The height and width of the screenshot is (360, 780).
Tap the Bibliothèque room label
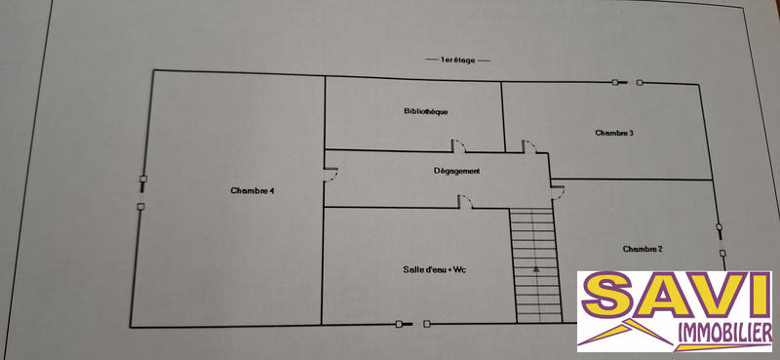(425, 111)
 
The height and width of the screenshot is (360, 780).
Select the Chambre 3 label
(614, 133)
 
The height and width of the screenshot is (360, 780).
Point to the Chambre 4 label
(252, 190)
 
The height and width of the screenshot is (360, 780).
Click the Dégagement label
(456, 172)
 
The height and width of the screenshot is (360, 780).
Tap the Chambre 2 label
(643, 249)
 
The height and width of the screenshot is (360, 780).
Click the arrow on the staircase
(535, 265)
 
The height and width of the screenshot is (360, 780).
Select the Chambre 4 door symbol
(331, 176)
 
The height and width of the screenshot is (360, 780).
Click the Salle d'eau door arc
(466, 202)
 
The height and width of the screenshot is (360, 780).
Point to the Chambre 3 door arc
(529, 145)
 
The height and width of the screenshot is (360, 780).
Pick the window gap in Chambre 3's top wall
(627, 83)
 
